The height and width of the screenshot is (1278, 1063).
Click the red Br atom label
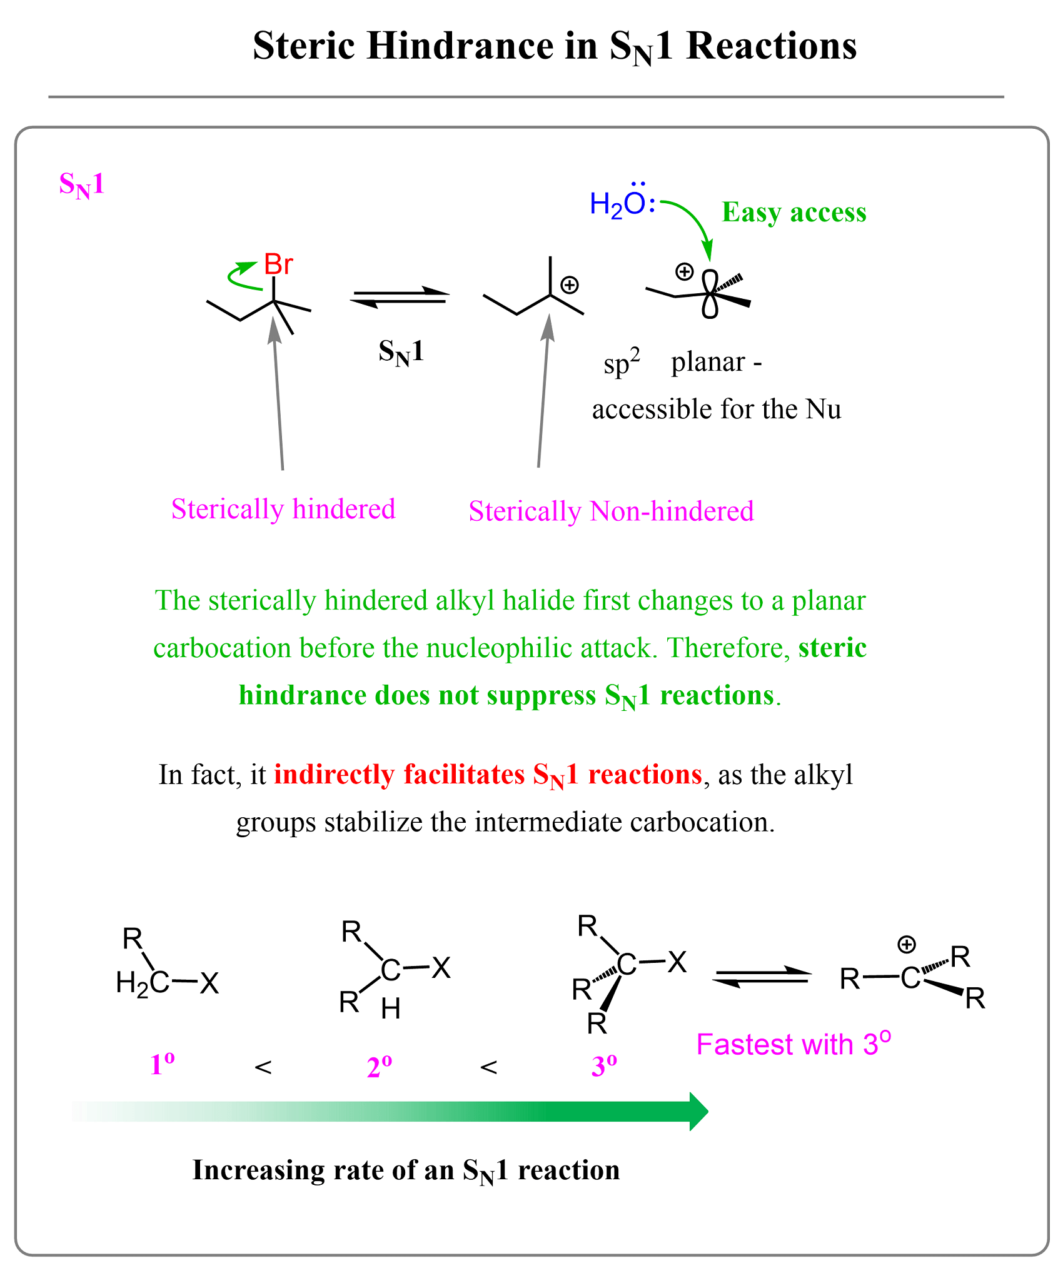point(278,264)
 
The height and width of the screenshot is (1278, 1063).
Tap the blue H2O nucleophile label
point(621,204)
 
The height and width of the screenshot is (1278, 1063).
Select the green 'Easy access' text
point(794,213)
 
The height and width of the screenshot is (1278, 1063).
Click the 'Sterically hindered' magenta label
point(283,509)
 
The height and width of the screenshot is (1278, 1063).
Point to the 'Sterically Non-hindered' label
point(611,511)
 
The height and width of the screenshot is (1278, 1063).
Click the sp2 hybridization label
point(622,363)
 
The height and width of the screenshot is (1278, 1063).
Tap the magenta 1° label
point(162,1065)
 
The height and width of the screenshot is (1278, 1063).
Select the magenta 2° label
point(380,1067)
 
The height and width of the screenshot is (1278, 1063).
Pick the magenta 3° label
point(604,1066)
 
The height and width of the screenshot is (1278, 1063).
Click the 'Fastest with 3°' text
point(793,1044)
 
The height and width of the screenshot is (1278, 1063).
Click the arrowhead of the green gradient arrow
point(698,1112)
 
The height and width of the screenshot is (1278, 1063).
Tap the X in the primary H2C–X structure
point(209,984)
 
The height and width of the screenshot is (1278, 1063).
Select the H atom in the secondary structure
point(390,1009)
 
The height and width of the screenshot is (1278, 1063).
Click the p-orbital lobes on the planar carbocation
point(710,293)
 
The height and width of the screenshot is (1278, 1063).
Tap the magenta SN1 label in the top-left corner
point(81,185)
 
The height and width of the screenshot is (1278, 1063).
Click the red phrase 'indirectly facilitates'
point(399,775)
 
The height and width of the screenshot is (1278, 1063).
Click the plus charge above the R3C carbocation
point(906,945)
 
